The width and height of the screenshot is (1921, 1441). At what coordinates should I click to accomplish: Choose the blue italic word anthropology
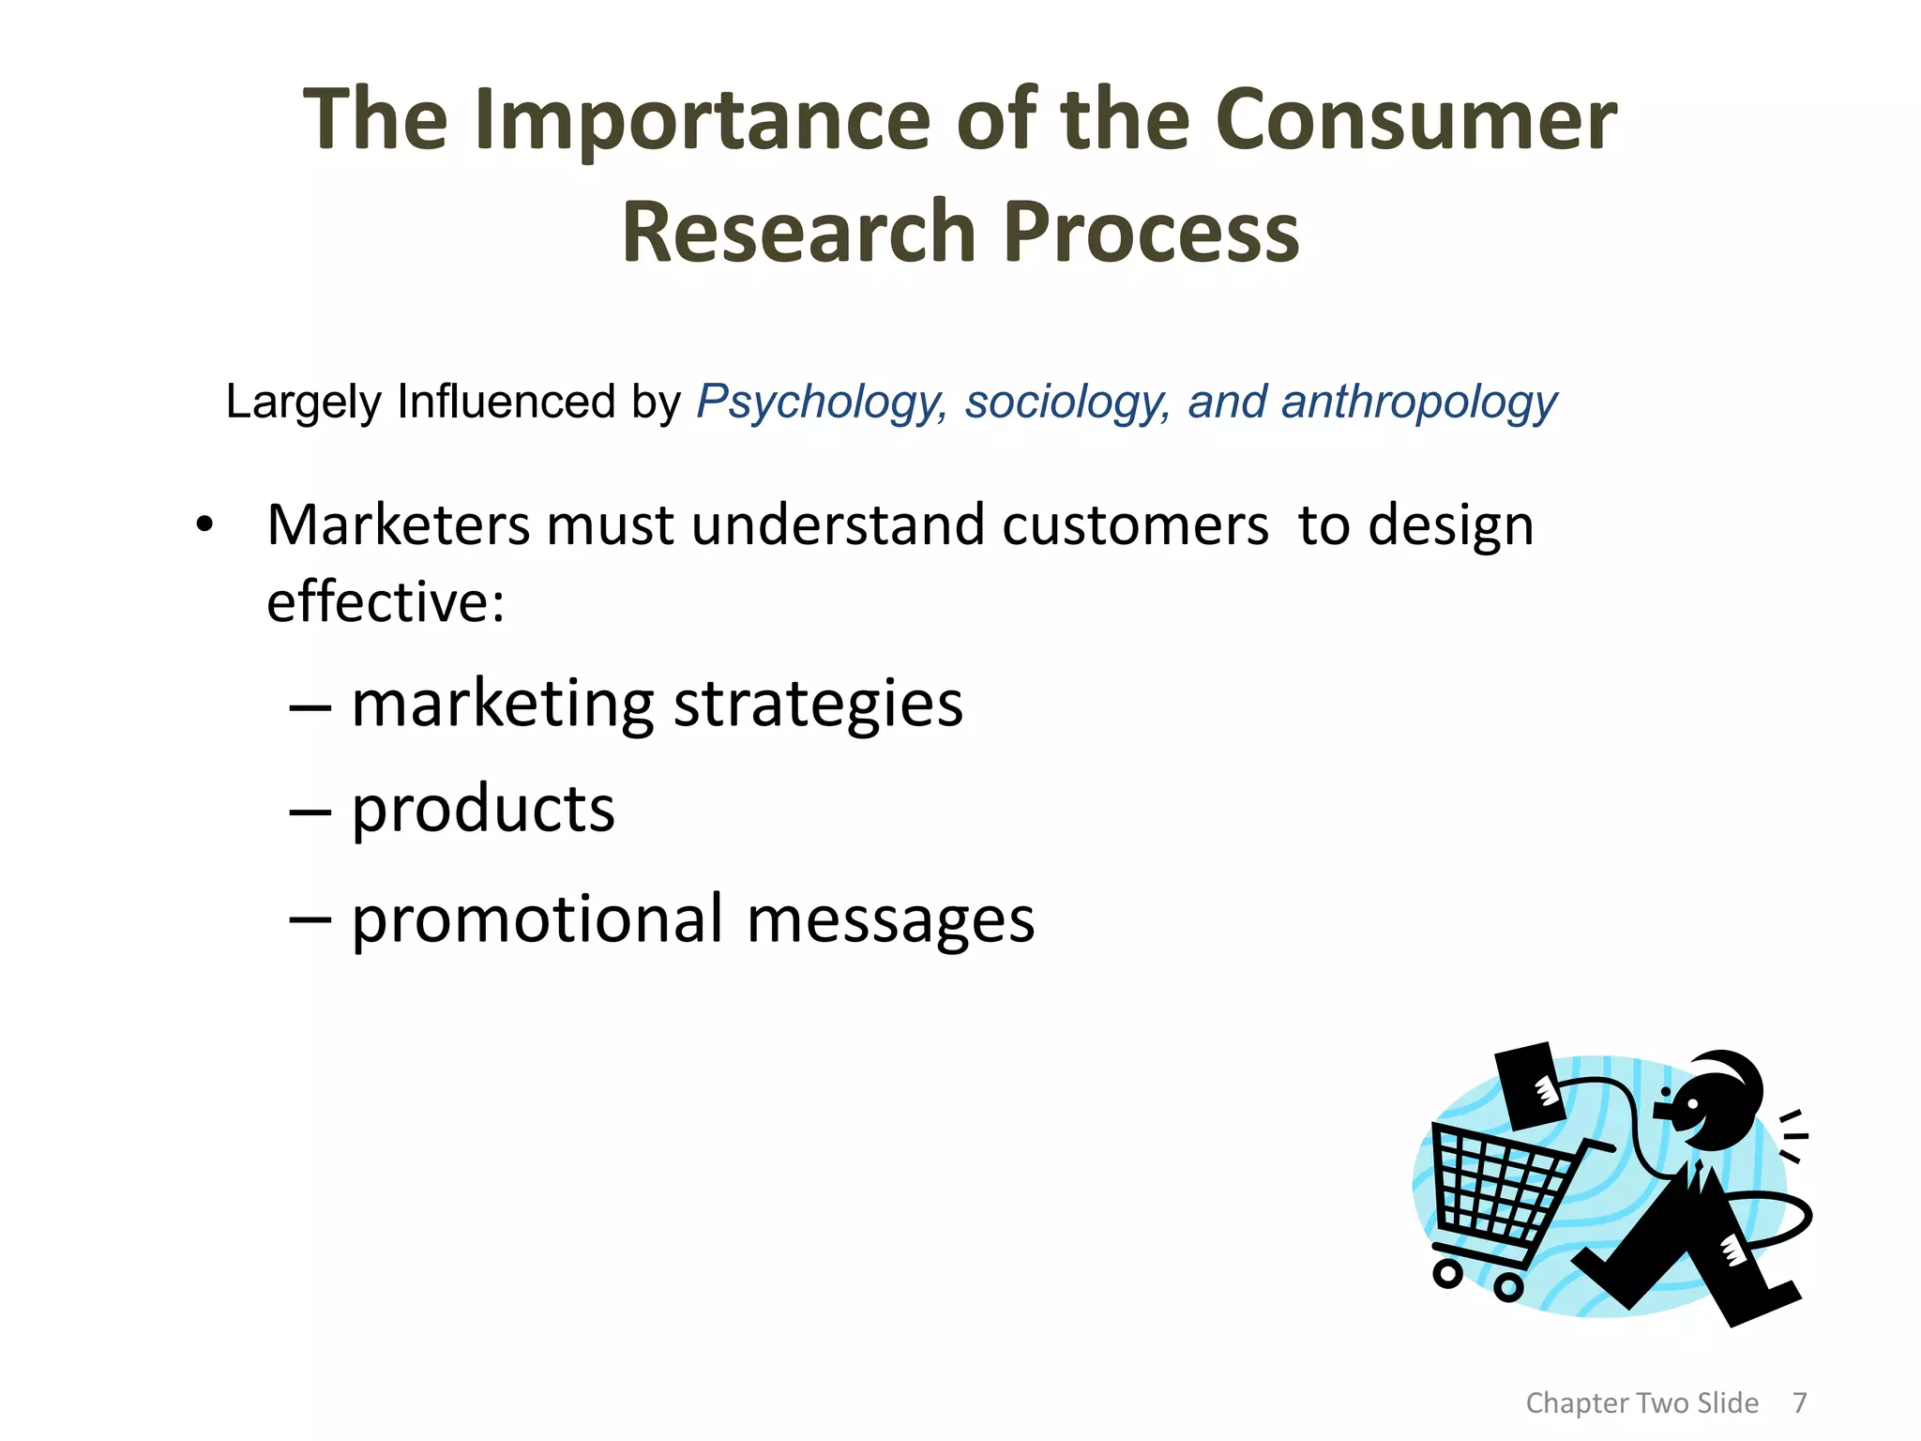click(x=1418, y=403)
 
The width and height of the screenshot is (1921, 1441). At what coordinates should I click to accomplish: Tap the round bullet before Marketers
click(x=204, y=525)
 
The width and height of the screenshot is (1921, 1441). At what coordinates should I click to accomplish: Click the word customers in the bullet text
click(x=1135, y=525)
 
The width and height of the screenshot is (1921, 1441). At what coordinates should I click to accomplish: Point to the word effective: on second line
click(x=386, y=602)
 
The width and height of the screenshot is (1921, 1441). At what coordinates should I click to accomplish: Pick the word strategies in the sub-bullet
click(x=818, y=705)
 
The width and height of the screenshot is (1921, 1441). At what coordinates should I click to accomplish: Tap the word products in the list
click(x=483, y=811)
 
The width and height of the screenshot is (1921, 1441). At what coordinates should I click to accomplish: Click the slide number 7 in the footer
click(x=1799, y=1403)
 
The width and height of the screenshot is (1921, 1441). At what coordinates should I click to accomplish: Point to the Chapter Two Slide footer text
click(x=1641, y=1403)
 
